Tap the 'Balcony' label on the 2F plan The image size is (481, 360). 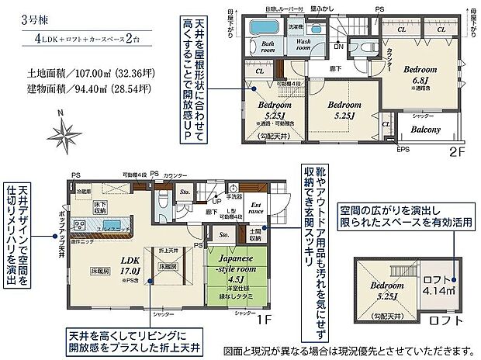(425, 130)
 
